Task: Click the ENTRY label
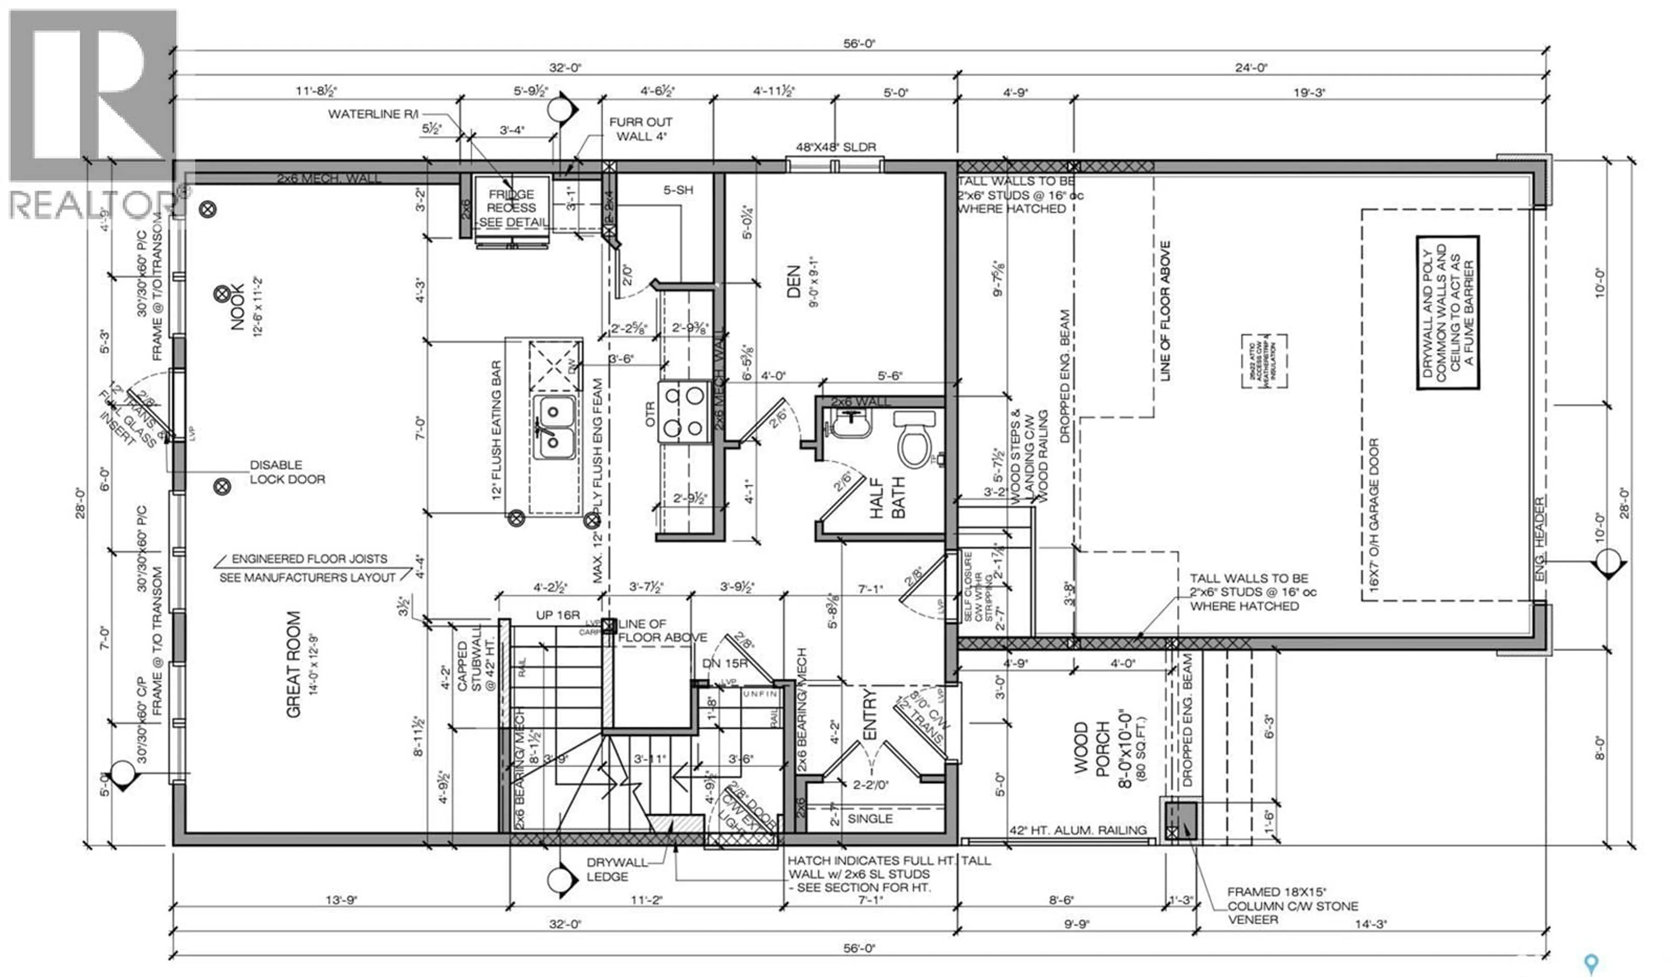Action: pos(870,714)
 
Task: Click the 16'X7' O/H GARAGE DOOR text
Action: pos(1374,515)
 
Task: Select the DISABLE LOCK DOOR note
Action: pos(287,472)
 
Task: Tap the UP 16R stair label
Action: pos(558,614)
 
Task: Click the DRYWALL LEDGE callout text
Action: pos(607,869)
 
